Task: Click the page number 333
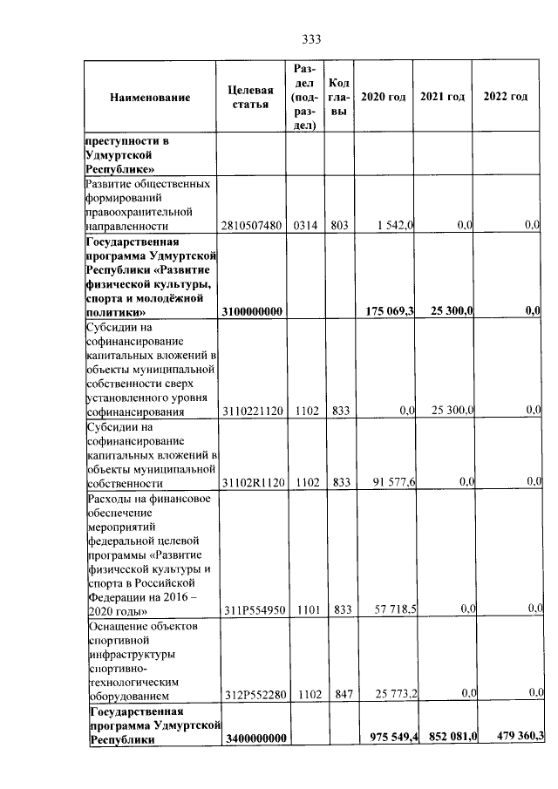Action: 312,39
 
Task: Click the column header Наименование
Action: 150,97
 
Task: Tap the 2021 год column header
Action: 442,96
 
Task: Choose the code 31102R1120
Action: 255,482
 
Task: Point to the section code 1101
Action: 304,609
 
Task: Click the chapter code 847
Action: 339,697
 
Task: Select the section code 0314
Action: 304,226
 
